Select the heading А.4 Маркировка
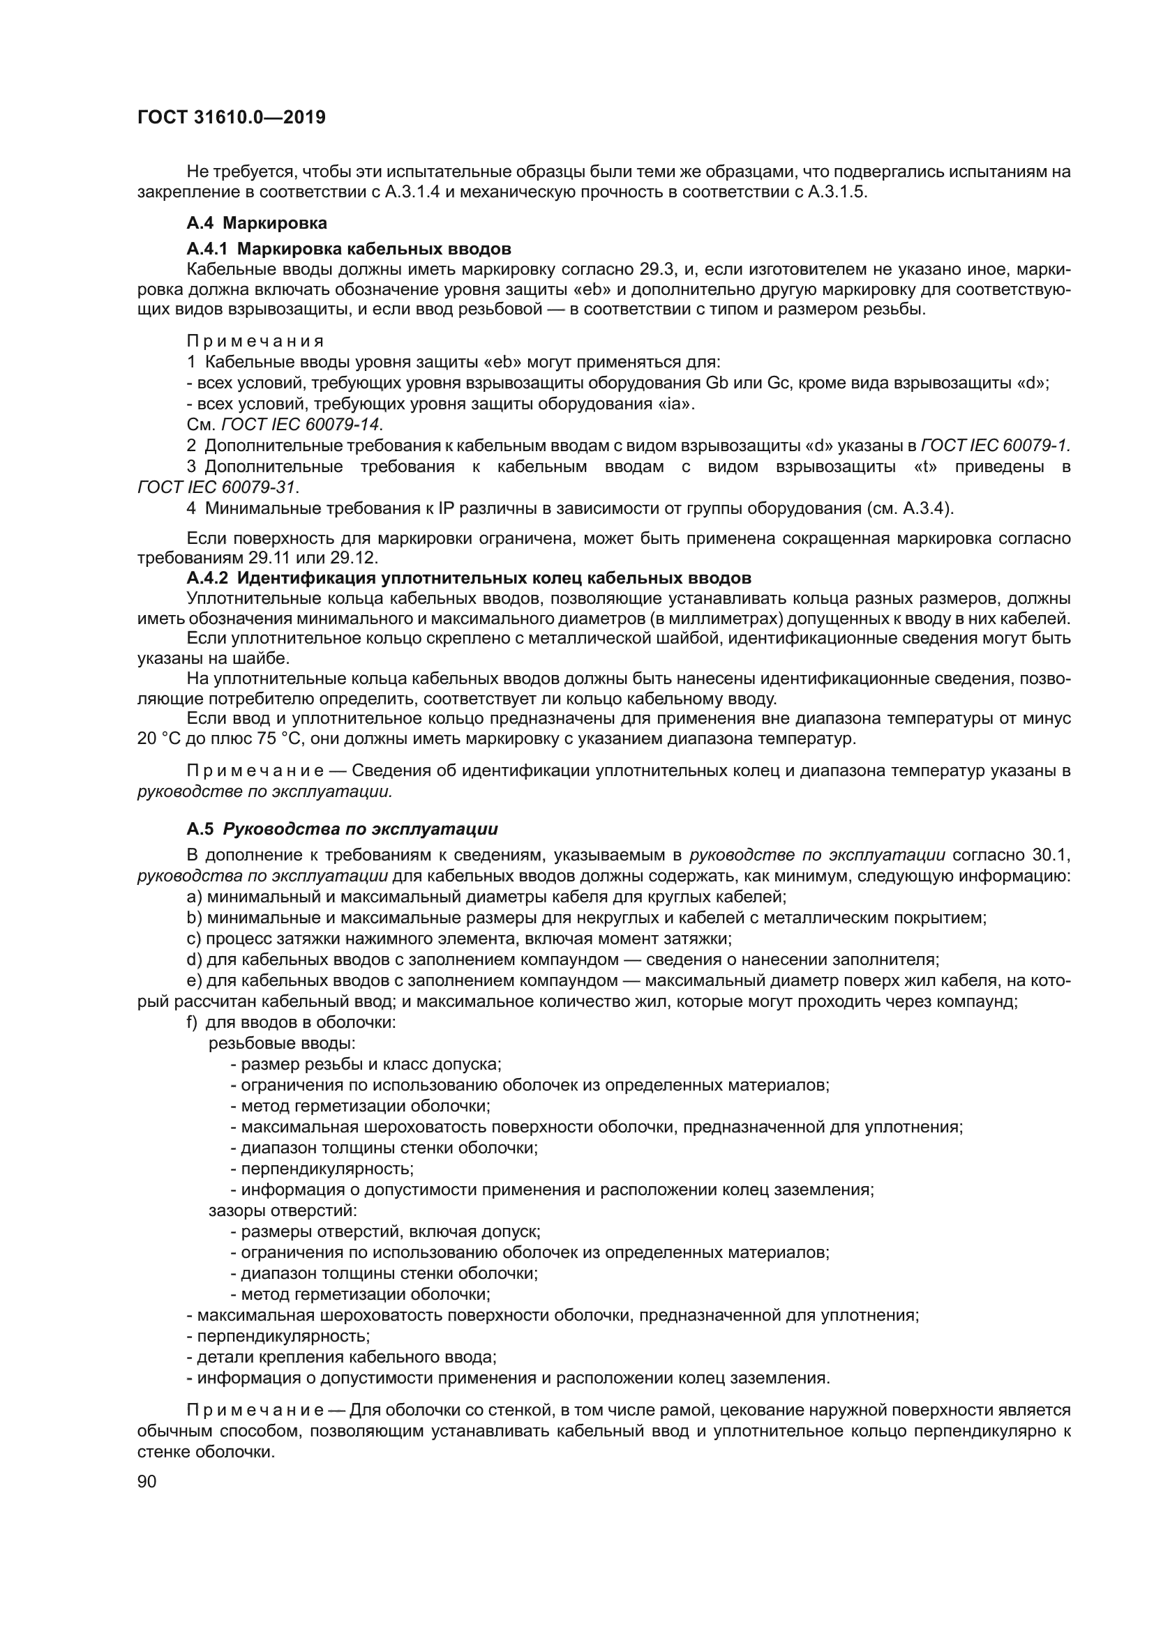pos(257,223)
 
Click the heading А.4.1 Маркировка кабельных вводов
pos(348,249)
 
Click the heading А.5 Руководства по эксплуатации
pos(342,829)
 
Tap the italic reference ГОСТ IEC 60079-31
pos(218,487)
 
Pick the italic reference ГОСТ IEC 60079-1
pos(995,446)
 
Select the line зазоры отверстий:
pos(282,1210)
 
